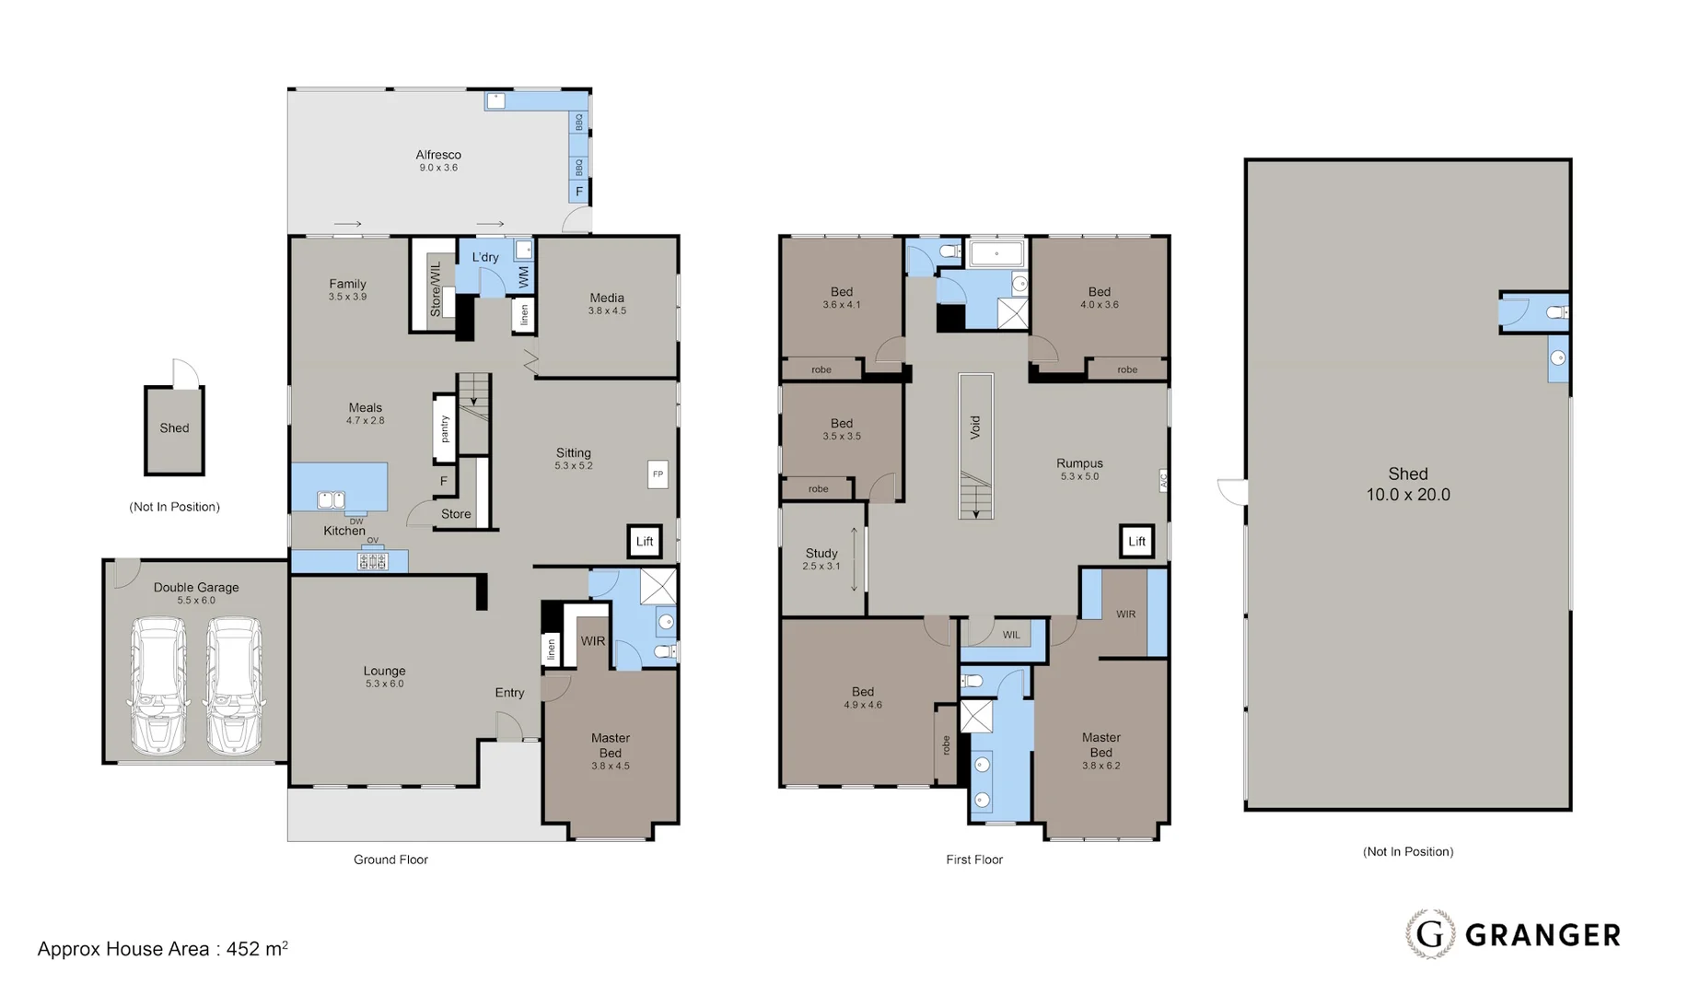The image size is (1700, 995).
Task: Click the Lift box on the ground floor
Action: click(644, 542)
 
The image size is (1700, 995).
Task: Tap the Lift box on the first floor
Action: click(1136, 542)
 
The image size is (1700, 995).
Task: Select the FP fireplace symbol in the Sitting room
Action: click(658, 474)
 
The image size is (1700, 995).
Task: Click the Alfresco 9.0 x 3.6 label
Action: click(438, 160)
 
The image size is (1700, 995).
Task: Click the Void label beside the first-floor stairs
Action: click(975, 427)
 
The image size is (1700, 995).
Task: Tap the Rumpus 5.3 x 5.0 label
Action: click(1079, 469)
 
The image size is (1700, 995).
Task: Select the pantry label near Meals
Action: click(445, 429)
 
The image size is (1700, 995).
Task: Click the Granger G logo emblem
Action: click(1430, 934)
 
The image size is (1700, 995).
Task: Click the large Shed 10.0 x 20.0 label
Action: click(1407, 484)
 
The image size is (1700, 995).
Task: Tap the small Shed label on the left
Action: click(174, 428)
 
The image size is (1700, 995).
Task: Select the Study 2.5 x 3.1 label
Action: click(821, 559)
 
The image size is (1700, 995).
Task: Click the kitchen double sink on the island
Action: click(331, 499)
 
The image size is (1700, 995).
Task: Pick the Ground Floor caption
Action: click(390, 860)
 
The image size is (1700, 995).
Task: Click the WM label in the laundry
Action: click(523, 275)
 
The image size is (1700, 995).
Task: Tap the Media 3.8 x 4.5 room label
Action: click(607, 303)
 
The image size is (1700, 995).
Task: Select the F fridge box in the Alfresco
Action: click(579, 192)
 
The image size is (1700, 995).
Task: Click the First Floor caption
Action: click(973, 860)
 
